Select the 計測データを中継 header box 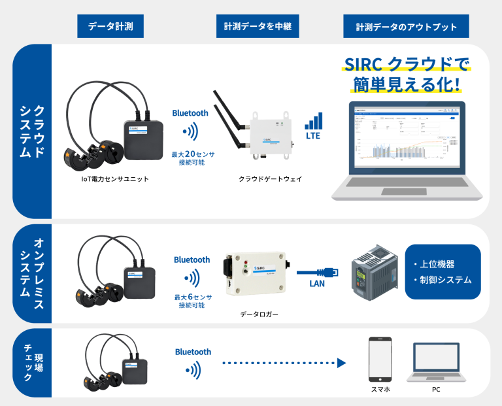point(254,27)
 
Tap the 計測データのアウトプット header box point(406,27)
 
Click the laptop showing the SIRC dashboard point(409,150)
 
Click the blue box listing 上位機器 point(443,272)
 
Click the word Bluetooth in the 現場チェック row point(193,352)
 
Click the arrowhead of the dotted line point(341,363)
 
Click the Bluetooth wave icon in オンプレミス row point(191,279)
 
